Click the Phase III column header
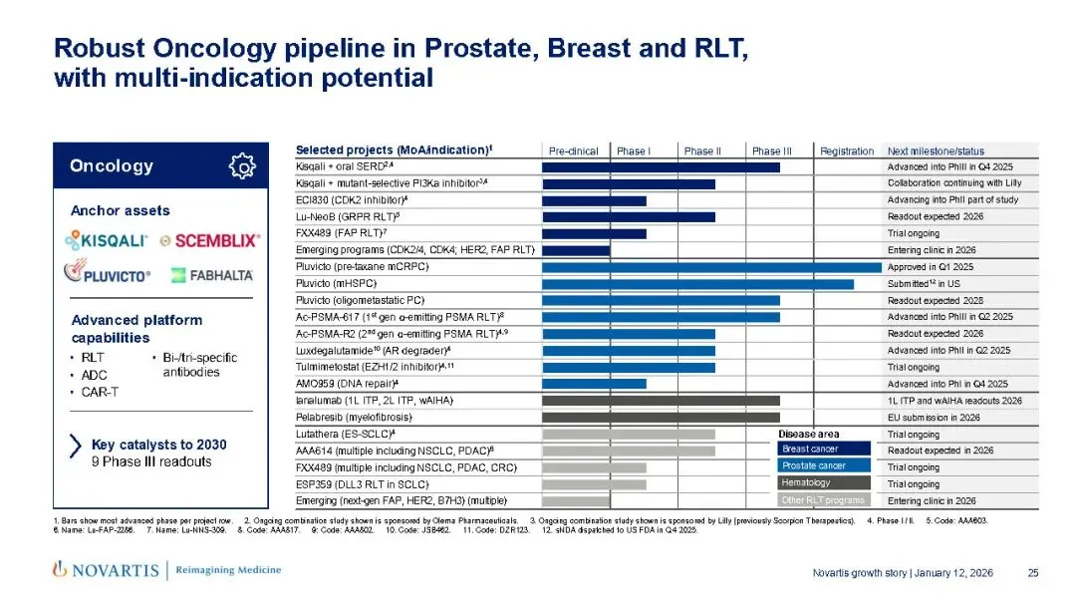point(771,151)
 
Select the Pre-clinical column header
point(574,151)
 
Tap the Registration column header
point(847,151)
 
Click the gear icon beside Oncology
point(242,166)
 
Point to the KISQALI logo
point(107,240)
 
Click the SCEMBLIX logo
point(210,240)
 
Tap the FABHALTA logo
point(211,274)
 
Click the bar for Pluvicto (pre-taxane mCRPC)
point(711,267)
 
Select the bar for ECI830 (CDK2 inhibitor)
point(594,200)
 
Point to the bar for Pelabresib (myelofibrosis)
point(661,418)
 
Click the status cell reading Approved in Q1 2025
point(931,267)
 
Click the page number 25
point(1033,572)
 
